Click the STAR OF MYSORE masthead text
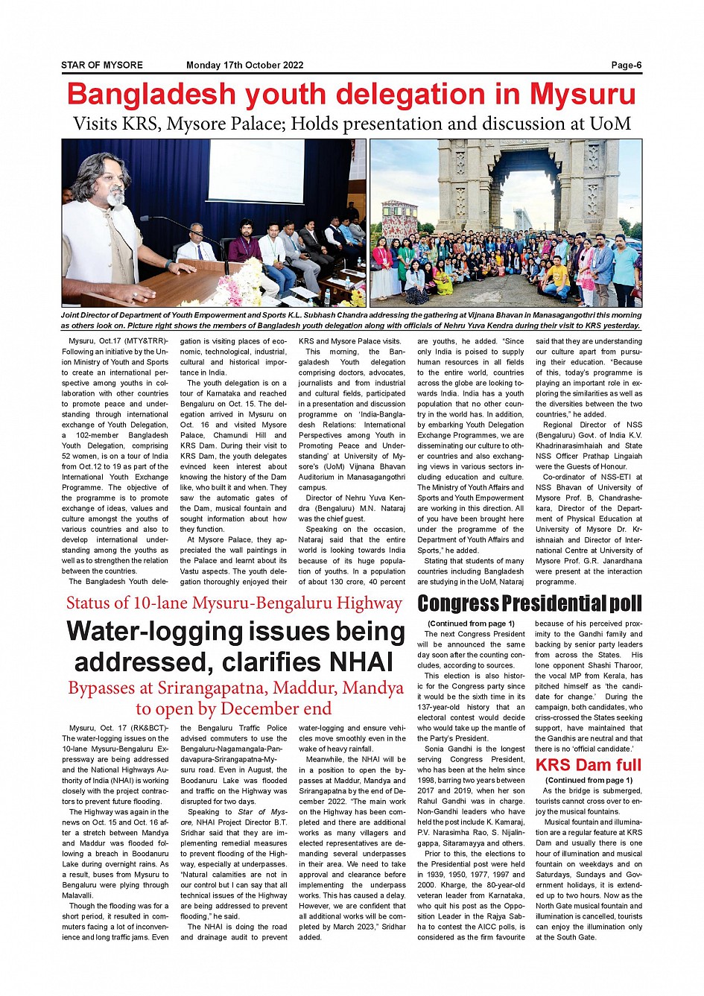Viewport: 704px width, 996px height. click(x=102, y=65)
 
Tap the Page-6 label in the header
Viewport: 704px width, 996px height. click(x=626, y=65)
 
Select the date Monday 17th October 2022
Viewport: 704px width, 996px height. click(x=244, y=65)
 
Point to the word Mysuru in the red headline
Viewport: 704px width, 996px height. click(x=583, y=95)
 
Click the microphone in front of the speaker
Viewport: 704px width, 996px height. click(x=145, y=218)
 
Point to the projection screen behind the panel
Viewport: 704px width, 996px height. click(x=256, y=169)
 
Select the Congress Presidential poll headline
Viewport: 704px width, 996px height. click(x=529, y=603)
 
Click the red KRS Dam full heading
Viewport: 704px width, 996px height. click(x=588, y=765)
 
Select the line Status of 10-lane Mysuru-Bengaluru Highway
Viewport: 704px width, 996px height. click(x=234, y=603)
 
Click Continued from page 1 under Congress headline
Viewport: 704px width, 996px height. click(x=471, y=624)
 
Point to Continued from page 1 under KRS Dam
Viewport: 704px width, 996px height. click(x=589, y=780)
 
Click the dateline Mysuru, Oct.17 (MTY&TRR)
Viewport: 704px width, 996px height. click(x=118, y=341)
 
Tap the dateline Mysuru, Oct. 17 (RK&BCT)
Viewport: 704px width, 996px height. click(x=118, y=728)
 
